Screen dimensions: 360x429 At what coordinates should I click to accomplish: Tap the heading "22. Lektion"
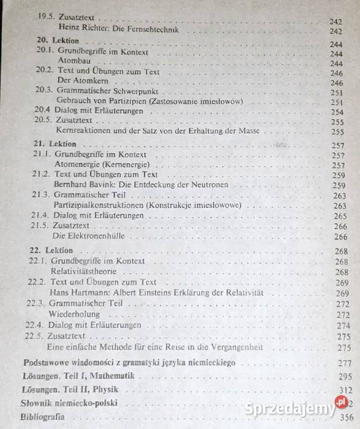pos(51,251)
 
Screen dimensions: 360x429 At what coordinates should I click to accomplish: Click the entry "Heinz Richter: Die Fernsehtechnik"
pos(116,29)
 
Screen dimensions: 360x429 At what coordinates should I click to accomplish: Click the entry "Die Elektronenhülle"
pos(86,236)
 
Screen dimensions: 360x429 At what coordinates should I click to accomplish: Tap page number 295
pos(345,376)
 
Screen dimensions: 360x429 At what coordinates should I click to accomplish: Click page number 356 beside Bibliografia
pos(344,419)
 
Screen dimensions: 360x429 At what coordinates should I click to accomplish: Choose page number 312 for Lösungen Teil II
pos(345,390)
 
